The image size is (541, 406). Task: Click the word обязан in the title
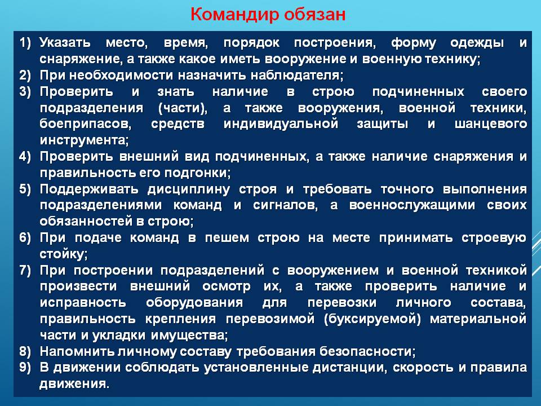point(314,15)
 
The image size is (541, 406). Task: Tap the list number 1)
point(25,42)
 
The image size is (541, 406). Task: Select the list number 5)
point(25,189)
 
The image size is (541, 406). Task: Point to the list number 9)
point(25,367)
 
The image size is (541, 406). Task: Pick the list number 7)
point(25,270)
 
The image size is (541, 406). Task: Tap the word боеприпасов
point(86,124)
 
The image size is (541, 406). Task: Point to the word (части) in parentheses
point(183,108)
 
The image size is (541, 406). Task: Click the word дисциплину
point(188,189)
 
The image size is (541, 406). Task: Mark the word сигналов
point(285,205)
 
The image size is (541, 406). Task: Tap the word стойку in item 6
point(64,254)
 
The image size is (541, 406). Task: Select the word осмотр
point(227,286)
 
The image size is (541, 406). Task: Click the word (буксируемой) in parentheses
point(373,319)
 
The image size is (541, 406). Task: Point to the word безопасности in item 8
point(367,351)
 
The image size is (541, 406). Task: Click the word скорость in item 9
point(423,367)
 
